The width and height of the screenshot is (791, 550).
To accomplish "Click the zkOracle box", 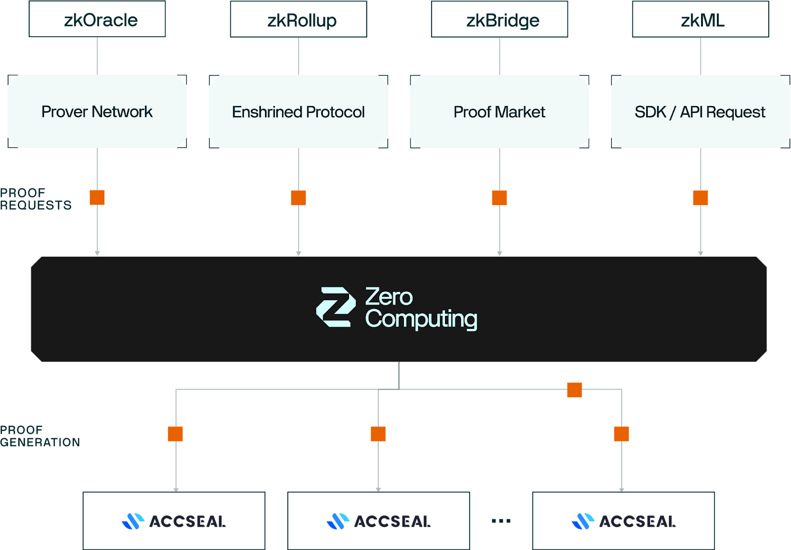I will pos(97,20).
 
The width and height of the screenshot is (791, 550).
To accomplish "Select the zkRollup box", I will pos(299,20).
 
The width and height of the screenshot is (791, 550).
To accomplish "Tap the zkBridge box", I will pos(499,20).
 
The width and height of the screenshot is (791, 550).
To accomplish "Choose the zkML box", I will pos(701,20).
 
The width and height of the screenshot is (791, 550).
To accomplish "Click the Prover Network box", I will pos(97,112).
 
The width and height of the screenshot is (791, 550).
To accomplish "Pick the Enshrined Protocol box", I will pos(299,112).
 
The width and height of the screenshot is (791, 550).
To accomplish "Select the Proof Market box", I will pos(499,112).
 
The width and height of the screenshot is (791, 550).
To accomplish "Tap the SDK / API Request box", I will pos(700,112).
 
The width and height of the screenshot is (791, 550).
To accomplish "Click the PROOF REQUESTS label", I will pos(36,199).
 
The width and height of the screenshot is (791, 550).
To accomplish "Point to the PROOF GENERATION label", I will pos(40,436).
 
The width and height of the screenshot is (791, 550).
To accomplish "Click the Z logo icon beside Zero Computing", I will pos(336,307).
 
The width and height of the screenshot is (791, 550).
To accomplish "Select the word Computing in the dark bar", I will pos(421,319).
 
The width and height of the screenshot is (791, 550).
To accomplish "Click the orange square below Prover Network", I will pos(97,197).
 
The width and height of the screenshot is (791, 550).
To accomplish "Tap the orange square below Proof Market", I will pos(499,198).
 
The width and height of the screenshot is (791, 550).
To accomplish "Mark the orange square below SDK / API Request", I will pos(700,198).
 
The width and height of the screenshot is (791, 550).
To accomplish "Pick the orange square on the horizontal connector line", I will pos(574,390).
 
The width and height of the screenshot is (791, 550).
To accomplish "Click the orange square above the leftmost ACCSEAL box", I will pos(176,434).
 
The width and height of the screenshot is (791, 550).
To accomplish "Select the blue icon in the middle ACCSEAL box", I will pos(338,521).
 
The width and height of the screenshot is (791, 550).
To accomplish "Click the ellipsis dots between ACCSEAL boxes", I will pos(501,521).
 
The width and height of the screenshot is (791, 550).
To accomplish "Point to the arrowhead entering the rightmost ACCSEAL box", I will pos(621,490).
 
